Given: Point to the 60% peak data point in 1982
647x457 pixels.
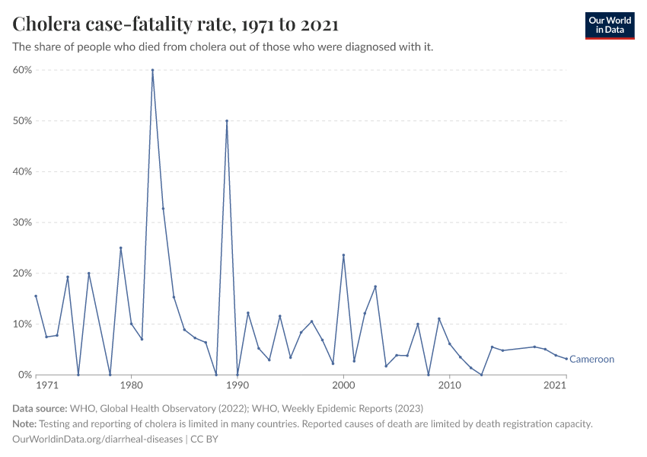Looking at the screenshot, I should pos(152,70).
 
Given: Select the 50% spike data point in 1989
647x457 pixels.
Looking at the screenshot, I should pos(227,120).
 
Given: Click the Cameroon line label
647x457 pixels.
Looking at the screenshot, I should pos(591,360).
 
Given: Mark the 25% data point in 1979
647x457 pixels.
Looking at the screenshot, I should pos(120,248).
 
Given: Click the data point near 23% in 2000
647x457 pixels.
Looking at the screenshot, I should pos(343,255).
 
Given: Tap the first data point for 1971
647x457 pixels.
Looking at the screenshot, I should pos(36,296).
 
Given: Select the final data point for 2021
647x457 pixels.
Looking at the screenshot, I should pos(566,359).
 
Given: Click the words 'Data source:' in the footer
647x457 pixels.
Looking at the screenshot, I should pos(40,409).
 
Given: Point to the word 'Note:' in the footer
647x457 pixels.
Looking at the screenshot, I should pos(25,424).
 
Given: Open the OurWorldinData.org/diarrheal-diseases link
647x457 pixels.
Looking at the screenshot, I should pos(97,439).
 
